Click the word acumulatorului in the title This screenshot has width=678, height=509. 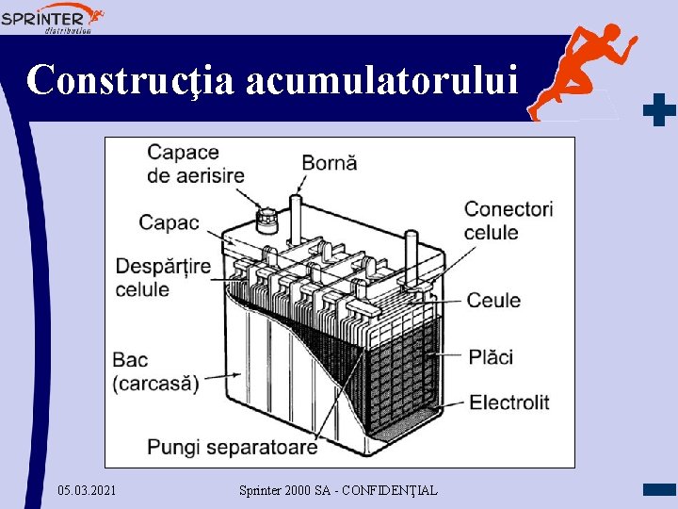[x=382, y=80]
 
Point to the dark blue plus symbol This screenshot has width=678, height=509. [x=659, y=110]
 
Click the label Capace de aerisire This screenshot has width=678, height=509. [x=195, y=163]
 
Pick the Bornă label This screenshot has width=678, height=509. [x=329, y=162]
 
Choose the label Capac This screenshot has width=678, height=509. [x=169, y=222]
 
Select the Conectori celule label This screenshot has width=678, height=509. [x=508, y=220]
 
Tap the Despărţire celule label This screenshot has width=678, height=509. [x=163, y=277]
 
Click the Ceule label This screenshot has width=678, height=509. [x=493, y=300]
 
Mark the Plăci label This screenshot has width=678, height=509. [x=491, y=356]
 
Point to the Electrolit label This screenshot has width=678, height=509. [x=508, y=402]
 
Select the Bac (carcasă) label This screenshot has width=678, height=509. [x=155, y=371]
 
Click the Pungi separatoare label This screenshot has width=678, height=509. [x=232, y=446]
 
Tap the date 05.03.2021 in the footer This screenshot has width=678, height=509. [x=88, y=490]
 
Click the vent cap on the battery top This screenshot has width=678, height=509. [x=266, y=221]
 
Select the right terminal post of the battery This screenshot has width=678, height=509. [x=411, y=247]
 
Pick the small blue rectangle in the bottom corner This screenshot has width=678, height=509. [x=659, y=489]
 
